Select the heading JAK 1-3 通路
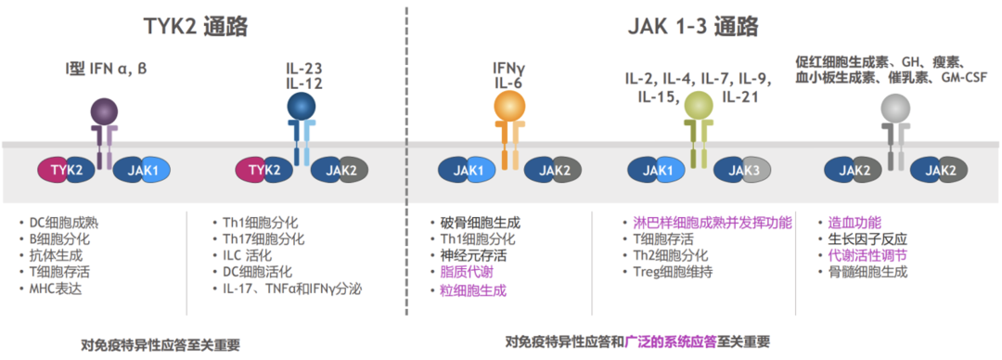tap(687, 26)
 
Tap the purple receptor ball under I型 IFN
tap(105, 113)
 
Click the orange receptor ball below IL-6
tap(510, 109)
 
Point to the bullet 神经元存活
tap(471, 255)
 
